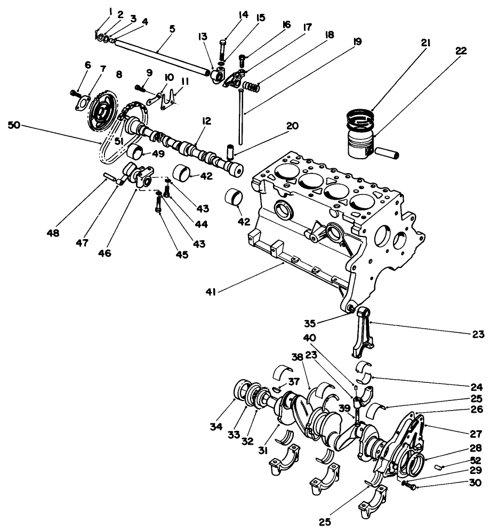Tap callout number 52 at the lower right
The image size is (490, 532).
476,460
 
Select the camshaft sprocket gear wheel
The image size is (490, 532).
100,113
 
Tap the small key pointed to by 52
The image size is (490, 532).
440,467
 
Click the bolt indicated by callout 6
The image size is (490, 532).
74,93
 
